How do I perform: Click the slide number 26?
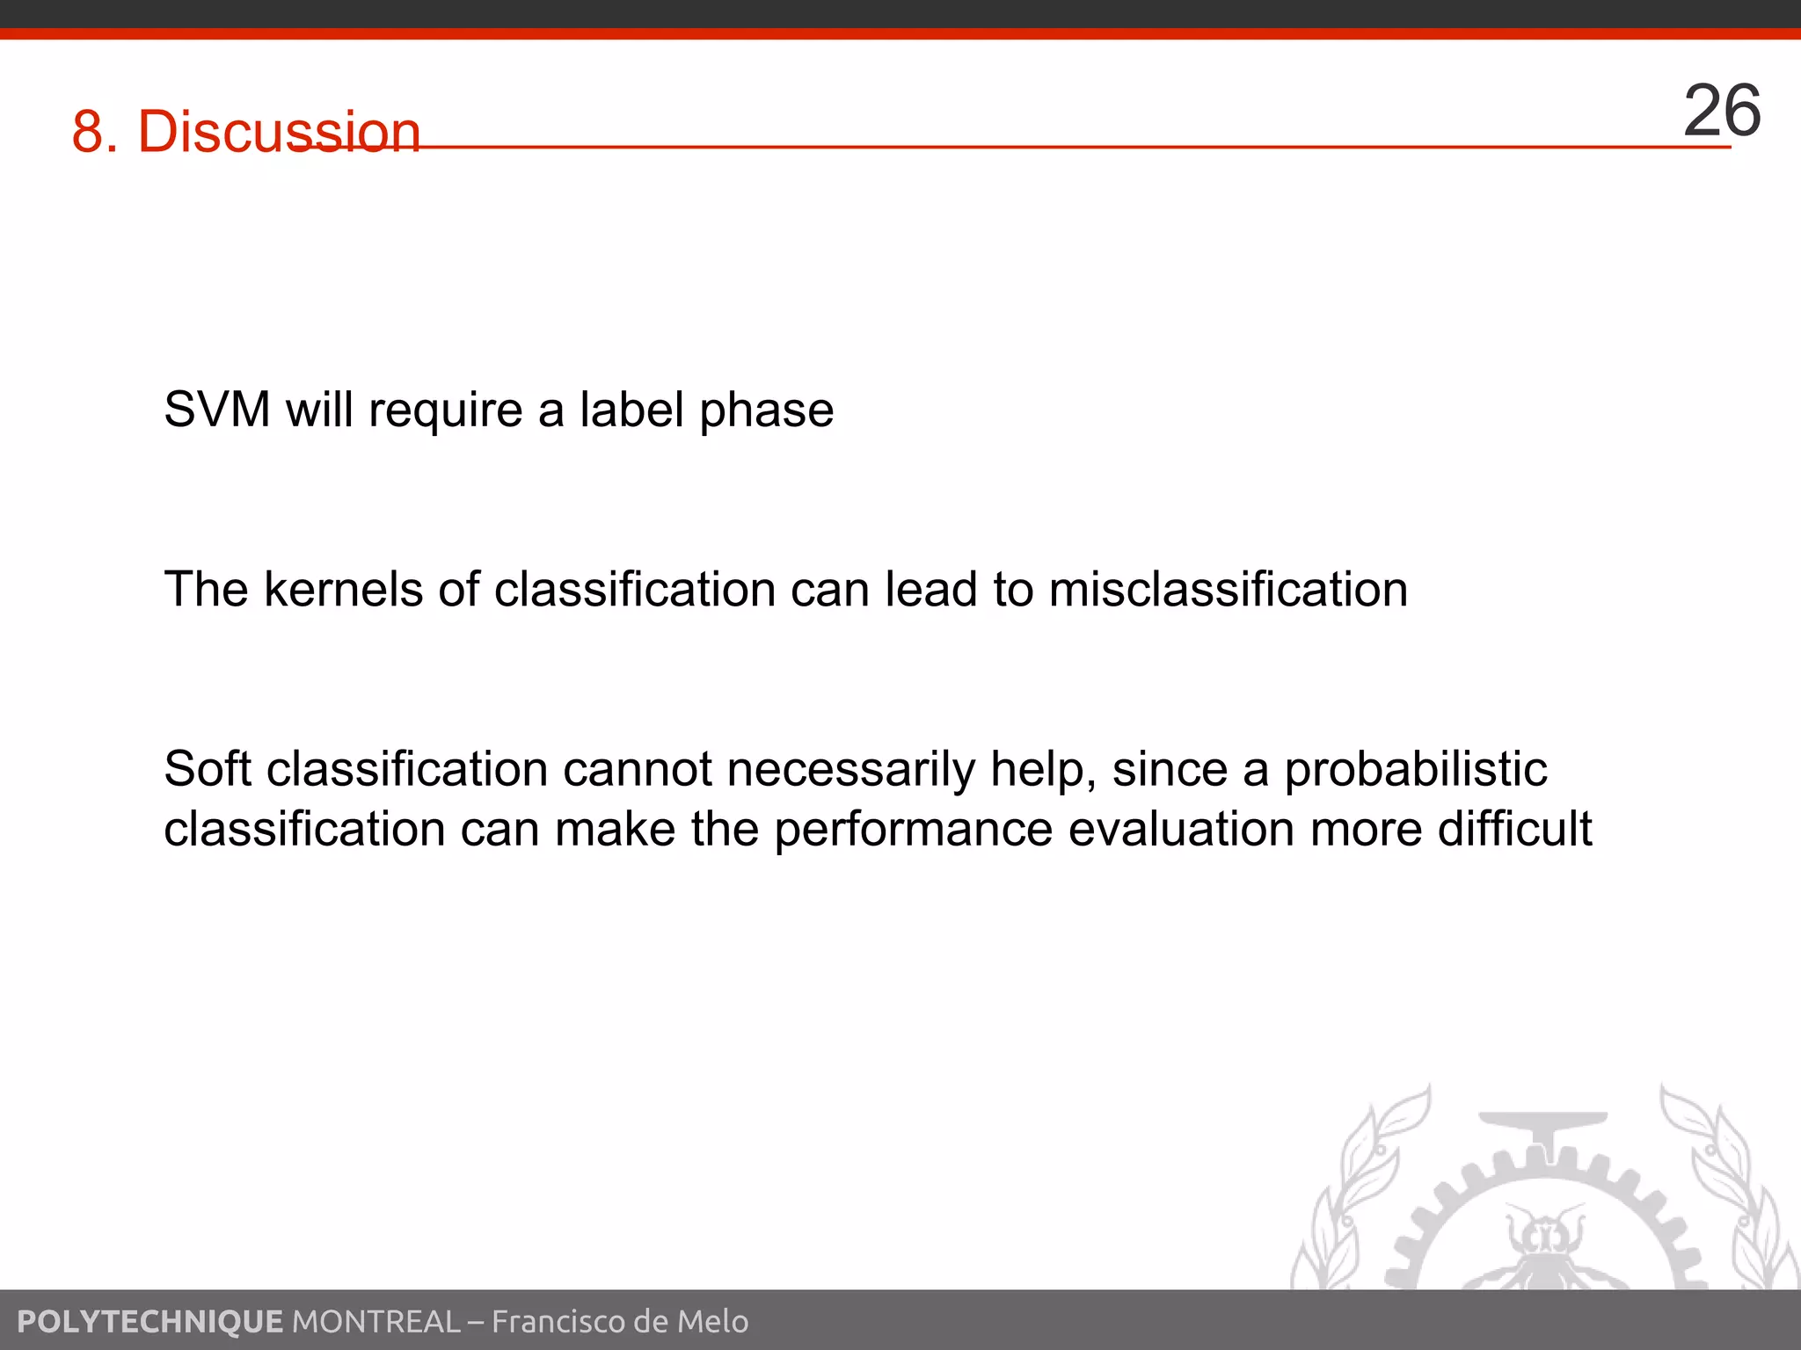1721,112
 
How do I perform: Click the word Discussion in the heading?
279,132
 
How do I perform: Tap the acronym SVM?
217,410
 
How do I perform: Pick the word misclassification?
1228,589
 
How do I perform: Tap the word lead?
930,589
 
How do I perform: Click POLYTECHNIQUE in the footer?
149,1321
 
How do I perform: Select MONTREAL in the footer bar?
376,1321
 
